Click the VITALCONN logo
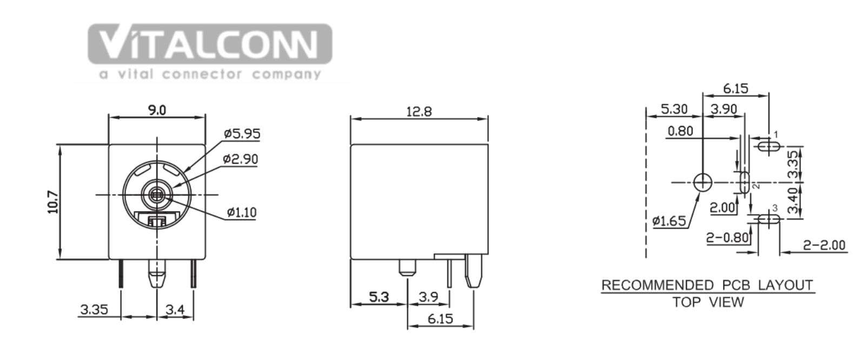tap(210, 51)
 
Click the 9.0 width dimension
tap(157, 111)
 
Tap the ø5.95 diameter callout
tap(242, 134)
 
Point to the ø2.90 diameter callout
tap(241, 159)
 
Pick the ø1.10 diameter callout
tap(242, 212)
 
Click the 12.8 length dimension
tap(419, 112)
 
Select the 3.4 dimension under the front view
tap(175, 309)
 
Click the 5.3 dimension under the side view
tap(379, 297)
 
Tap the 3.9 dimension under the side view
tap(428, 297)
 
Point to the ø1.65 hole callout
tap(669, 221)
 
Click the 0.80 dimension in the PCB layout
tap(680, 131)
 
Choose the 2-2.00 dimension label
tap(824, 245)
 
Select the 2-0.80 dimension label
tap(728, 238)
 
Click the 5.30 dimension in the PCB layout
tap(674, 109)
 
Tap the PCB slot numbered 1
tap(769, 146)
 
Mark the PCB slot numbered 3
tap(769, 219)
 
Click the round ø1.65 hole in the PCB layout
tap(702, 182)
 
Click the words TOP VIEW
tap(708, 302)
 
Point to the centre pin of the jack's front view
tap(157, 195)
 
